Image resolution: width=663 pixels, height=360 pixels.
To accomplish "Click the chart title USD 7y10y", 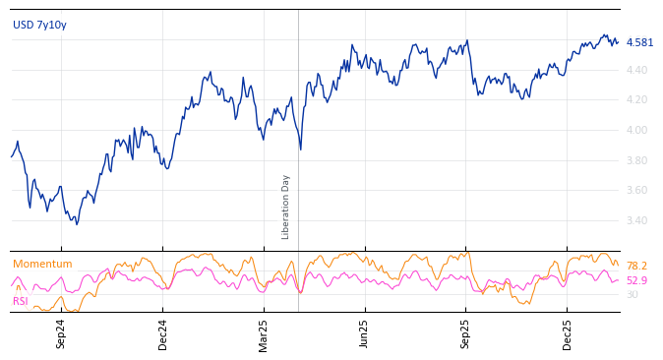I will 39,25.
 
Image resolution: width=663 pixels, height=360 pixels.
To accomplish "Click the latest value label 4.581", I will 639,42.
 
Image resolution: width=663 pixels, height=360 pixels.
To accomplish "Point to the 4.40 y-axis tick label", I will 636,70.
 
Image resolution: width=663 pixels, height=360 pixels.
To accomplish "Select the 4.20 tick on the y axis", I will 636,99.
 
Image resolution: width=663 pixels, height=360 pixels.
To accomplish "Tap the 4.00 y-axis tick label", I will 636,130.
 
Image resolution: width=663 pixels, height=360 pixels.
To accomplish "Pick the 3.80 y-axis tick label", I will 636,160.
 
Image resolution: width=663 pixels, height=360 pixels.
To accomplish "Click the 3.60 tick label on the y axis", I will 636,190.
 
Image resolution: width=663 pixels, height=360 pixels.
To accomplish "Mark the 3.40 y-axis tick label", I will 636,220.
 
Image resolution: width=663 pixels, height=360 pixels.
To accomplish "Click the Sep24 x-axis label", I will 61,333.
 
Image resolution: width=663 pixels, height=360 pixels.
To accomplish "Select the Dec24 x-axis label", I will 163,333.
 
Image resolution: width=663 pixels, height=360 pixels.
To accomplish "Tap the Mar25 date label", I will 264,333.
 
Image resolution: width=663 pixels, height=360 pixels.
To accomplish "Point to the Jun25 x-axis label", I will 365,333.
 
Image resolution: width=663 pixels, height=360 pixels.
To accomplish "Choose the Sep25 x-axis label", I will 466,333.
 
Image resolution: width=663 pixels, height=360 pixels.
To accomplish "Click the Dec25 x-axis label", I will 568,333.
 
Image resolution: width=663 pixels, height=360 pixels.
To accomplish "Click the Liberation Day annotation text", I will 286,207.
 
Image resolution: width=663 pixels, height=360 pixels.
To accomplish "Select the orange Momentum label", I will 42,264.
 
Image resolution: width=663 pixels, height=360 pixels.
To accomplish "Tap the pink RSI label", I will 21,301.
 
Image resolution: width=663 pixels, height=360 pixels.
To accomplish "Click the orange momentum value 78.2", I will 636,266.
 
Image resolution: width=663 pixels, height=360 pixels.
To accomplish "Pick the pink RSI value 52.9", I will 636,280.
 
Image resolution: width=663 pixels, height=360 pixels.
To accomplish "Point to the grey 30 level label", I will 632,294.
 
